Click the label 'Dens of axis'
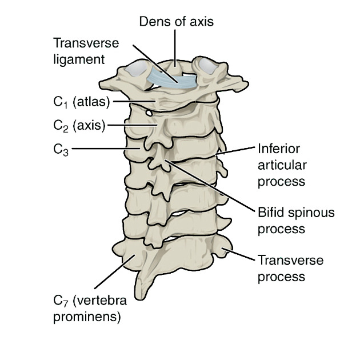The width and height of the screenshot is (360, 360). point(176,22)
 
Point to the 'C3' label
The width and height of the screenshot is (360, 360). point(61,149)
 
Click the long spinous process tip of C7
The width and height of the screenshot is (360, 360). point(143,294)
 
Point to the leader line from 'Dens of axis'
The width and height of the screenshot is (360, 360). point(176,46)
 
